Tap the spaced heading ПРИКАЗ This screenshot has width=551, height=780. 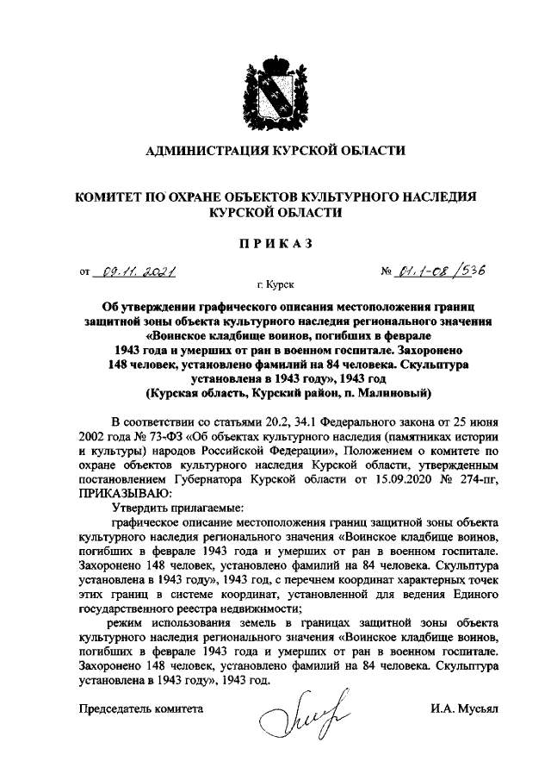pyautogui.click(x=275, y=244)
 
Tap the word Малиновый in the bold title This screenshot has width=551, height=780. pyautogui.click(x=387, y=392)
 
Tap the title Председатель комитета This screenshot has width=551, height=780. pyautogui.click(x=140, y=708)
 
